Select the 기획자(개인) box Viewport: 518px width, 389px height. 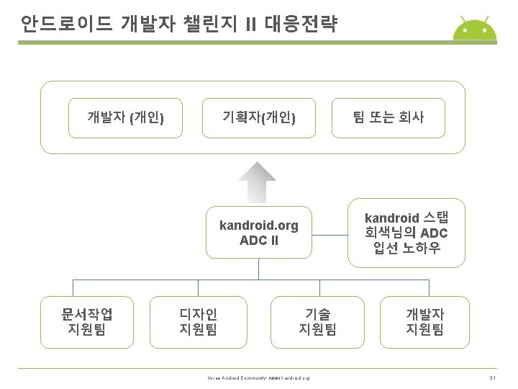click(x=259, y=117)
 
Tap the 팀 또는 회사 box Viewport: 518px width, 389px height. click(x=388, y=117)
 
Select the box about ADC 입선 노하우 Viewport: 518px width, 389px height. click(x=406, y=233)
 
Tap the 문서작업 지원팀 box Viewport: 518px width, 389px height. click(x=88, y=322)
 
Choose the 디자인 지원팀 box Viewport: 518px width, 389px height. click(x=199, y=322)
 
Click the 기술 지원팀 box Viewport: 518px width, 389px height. click(x=317, y=322)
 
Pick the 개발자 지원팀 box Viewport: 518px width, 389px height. click(x=424, y=322)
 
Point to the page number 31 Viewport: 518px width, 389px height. click(x=493, y=378)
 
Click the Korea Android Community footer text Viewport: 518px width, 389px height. click(x=258, y=378)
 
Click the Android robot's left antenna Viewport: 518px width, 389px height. click(x=463, y=17)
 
